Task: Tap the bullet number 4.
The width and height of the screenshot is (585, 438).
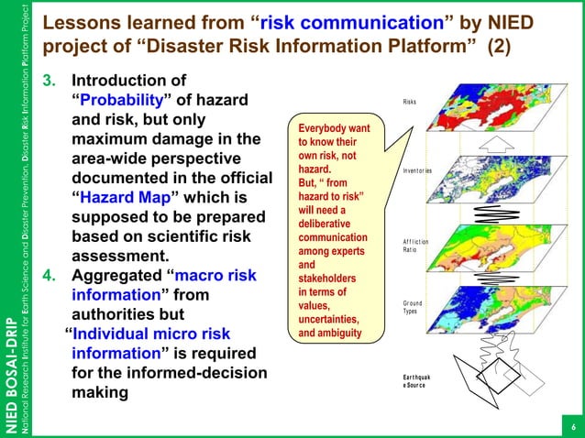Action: [51, 275]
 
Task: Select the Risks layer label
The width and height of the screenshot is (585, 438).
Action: [411, 103]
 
